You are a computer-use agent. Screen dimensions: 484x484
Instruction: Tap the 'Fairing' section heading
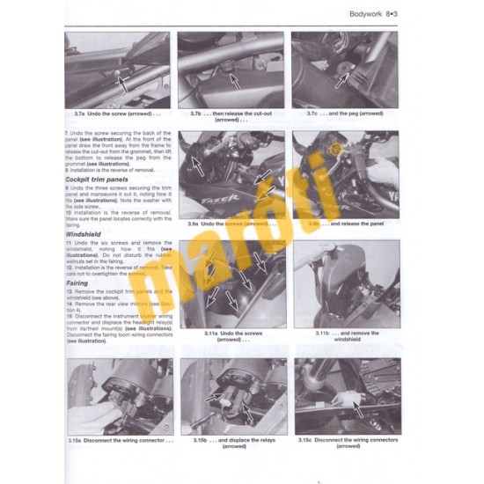pos(77,283)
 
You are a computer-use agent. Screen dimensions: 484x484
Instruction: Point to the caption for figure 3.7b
pos(231,116)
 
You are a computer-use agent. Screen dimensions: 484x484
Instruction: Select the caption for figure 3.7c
pos(345,114)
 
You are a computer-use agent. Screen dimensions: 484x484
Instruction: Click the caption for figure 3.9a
pos(231,224)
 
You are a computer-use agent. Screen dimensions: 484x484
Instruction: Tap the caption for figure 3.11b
pos(345,336)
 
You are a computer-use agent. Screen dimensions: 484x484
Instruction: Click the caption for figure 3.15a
pos(120,439)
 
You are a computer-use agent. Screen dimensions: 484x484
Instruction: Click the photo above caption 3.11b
pos(345,282)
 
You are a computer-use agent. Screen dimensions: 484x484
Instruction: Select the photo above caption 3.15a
pos(120,396)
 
